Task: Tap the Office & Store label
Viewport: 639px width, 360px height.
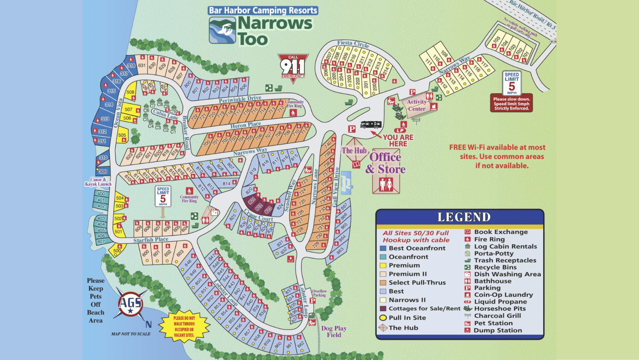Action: tap(385, 163)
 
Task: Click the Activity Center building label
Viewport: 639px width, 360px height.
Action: tap(417, 105)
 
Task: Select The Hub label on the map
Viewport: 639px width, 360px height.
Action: tap(354, 151)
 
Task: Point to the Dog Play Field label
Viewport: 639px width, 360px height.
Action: tap(334, 332)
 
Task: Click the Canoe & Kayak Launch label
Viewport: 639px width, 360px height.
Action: tap(98, 182)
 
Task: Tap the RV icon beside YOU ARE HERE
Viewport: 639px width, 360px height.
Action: tap(371, 125)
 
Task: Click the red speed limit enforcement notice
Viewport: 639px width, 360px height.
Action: tap(511, 104)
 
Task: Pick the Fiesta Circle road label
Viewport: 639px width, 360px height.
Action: tap(353, 44)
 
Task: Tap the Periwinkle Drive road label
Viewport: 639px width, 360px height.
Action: tap(240, 99)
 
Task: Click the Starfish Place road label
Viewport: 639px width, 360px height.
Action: tap(151, 240)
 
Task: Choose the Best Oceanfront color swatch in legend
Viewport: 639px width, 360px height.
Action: tap(383, 248)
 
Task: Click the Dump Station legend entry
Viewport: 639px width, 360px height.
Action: tap(497, 330)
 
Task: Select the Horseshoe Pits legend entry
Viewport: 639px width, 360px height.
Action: tap(500, 309)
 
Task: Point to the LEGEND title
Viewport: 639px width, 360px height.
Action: tap(464, 217)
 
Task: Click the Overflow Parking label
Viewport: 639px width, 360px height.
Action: tap(319, 293)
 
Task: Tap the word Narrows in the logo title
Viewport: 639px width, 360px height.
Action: tap(275, 23)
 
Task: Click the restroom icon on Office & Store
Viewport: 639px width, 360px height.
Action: tap(386, 184)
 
